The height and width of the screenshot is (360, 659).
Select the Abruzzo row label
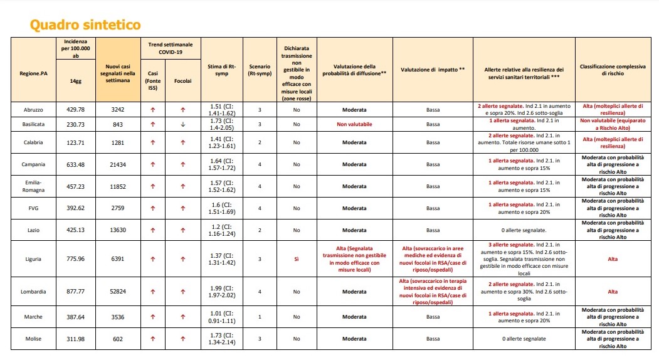33,109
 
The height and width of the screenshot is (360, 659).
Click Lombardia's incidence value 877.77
75,292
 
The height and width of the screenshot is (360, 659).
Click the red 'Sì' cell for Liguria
297,259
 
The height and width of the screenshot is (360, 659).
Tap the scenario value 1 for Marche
260,317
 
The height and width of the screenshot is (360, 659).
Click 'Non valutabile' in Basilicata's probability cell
354,124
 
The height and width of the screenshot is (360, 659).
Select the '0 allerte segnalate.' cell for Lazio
524,230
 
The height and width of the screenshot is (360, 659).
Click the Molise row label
33,339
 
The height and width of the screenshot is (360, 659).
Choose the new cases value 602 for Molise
118,339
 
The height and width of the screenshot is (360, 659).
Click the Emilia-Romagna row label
33,186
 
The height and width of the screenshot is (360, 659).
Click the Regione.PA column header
33,73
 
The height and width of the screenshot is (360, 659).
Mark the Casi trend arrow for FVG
152,208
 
